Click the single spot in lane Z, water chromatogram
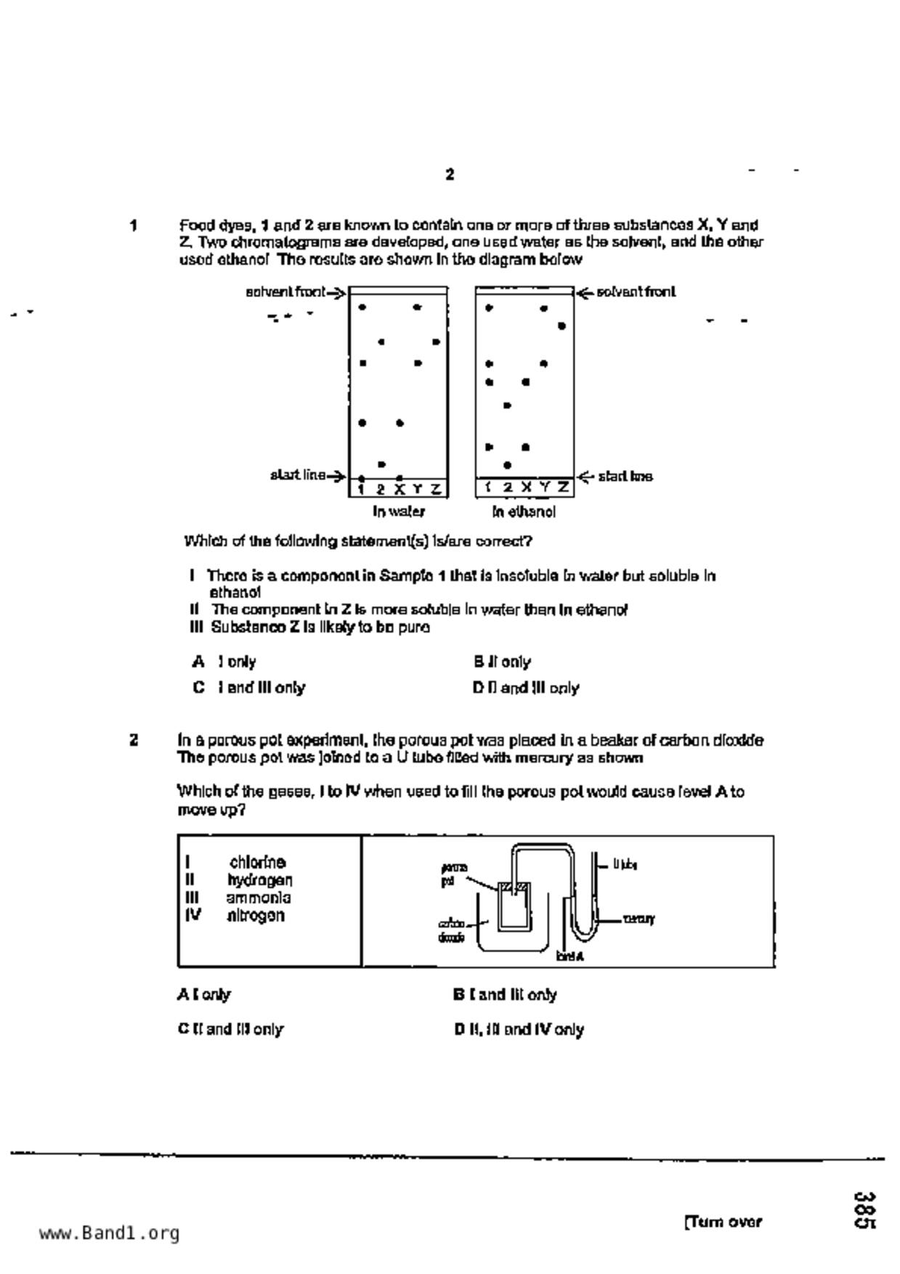(x=436, y=341)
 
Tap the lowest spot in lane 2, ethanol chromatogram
(x=507, y=465)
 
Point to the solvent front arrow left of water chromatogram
(x=336, y=293)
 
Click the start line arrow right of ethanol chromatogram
(x=585, y=476)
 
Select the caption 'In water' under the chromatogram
(x=398, y=511)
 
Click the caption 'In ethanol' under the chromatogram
(x=524, y=512)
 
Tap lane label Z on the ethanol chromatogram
(x=563, y=488)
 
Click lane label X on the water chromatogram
(x=399, y=489)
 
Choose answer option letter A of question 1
(x=198, y=662)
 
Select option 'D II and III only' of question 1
(x=525, y=688)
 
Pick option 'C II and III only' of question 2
(x=230, y=1029)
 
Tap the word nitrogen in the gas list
(x=256, y=915)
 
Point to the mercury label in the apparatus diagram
(x=638, y=919)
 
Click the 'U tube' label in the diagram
(x=625, y=864)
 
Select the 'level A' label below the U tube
(x=569, y=957)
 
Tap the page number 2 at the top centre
(x=450, y=174)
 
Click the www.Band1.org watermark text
(x=109, y=1233)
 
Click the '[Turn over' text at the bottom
(x=723, y=1222)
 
